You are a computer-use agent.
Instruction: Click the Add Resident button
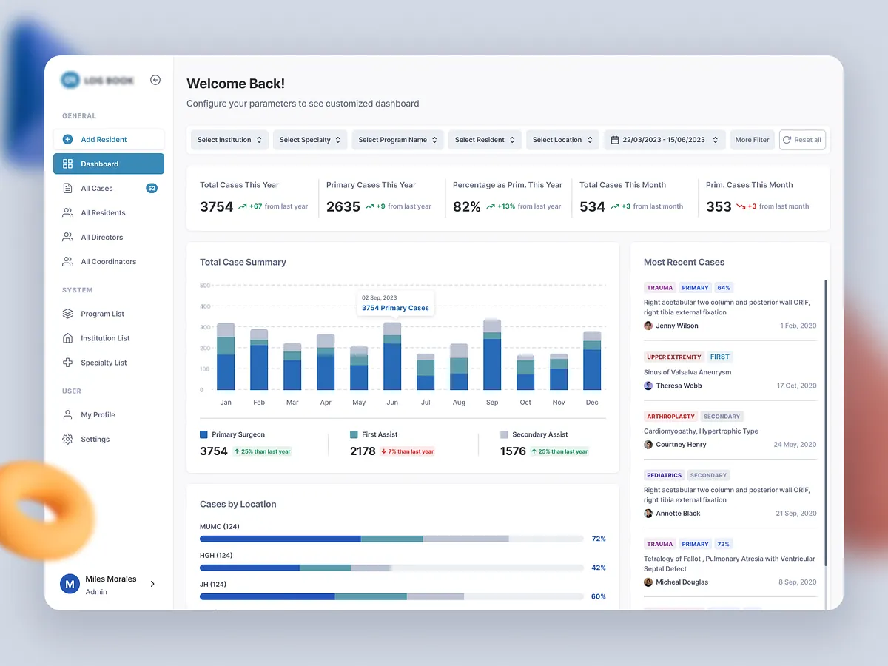108,139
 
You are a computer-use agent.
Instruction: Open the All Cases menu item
97,189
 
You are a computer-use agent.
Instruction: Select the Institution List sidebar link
105,338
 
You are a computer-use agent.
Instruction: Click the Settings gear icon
68,440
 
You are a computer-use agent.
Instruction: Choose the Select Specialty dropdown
310,140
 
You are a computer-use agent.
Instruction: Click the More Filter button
752,140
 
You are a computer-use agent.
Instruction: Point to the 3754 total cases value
216,207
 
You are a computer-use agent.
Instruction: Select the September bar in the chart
492,355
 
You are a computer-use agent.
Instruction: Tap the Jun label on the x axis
392,403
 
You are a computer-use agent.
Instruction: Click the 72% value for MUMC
599,539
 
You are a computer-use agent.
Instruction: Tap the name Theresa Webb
679,386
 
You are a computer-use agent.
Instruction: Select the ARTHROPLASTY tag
671,417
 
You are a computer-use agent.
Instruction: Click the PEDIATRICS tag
664,475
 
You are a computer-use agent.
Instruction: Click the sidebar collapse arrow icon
155,80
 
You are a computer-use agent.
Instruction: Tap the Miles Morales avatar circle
70,584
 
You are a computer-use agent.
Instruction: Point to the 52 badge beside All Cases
152,189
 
